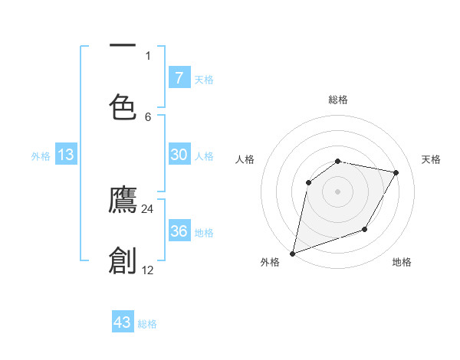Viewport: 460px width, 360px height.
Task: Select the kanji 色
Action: [x=123, y=106]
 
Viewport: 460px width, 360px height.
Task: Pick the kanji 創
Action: [x=123, y=260]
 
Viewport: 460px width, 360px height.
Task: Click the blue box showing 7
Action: [x=179, y=78]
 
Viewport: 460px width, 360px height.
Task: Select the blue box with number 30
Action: [x=179, y=155]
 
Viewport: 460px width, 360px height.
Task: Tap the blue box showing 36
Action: [x=179, y=231]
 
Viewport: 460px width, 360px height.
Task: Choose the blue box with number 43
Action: [x=123, y=322]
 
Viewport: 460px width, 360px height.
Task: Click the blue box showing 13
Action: [x=66, y=155]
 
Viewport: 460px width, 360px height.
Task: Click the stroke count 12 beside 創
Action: [x=147, y=270]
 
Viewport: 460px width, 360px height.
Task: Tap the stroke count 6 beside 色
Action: [x=148, y=116]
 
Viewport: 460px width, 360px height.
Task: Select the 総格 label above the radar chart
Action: [x=338, y=100]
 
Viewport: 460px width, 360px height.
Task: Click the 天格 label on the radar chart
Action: [x=431, y=159]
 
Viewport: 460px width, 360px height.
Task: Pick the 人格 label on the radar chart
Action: [x=245, y=159]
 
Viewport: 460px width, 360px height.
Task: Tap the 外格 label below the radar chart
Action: [x=270, y=262]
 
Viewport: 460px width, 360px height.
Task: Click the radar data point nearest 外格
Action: [x=292, y=253]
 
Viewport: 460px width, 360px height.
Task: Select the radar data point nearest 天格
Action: [x=396, y=173]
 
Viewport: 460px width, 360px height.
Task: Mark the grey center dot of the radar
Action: [x=338, y=191]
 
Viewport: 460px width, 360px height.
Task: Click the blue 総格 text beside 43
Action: [x=147, y=324]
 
